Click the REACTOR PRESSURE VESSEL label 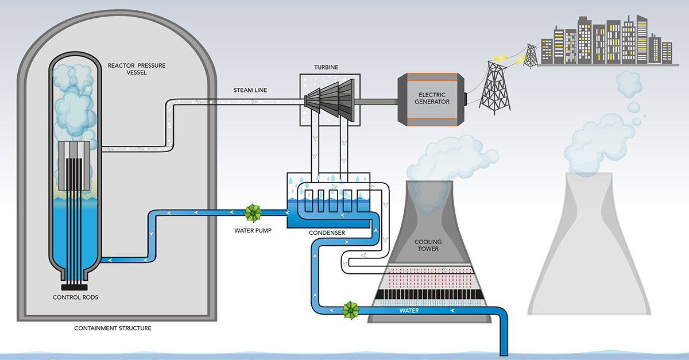[x=137, y=69]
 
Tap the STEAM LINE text [x=250, y=90]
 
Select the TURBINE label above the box [x=327, y=67]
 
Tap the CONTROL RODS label [x=75, y=297]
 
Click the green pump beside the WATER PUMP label [x=253, y=213]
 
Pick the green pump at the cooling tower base [x=349, y=311]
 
